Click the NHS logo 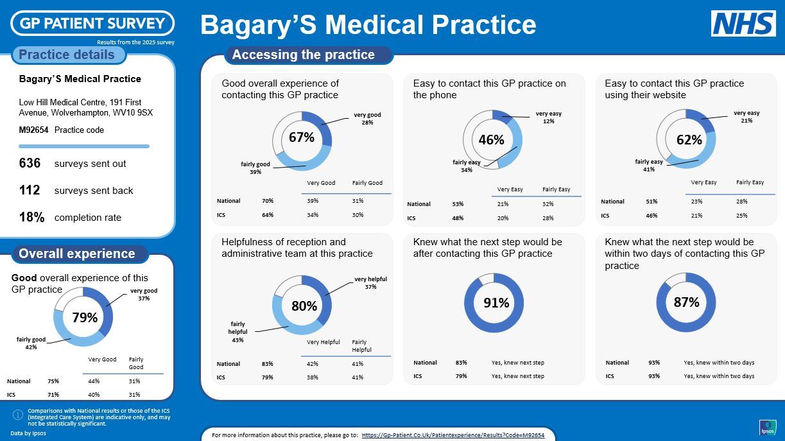tap(743, 24)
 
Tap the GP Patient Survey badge tap(92, 23)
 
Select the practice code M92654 tap(33, 130)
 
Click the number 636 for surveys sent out tap(30, 164)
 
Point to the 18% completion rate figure tap(31, 218)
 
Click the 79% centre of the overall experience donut tap(84, 318)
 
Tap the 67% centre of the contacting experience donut tap(301, 137)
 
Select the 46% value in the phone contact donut tap(491, 139)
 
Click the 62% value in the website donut tap(689, 139)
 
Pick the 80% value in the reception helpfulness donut tap(304, 306)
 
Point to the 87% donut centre tap(686, 302)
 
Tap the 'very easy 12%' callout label tap(548, 117)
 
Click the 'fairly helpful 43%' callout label tap(237, 332)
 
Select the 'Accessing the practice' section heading tap(303, 55)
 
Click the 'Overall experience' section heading tap(77, 254)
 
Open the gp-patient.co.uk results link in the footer tap(453, 435)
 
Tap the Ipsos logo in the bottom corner tap(768, 428)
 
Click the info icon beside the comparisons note tap(18, 415)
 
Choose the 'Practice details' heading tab tap(67, 55)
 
